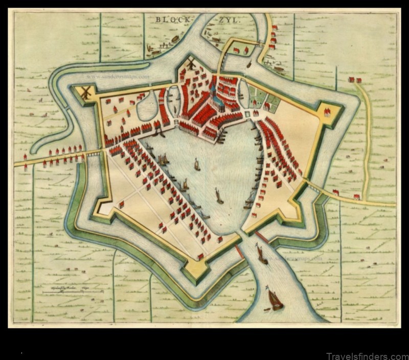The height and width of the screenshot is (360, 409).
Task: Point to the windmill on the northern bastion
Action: pos(191,64)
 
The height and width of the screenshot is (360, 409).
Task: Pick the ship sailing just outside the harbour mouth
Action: pos(261,254)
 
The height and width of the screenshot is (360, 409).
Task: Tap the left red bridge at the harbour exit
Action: pos(239,251)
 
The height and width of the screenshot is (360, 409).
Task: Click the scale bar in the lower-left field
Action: pos(72,292)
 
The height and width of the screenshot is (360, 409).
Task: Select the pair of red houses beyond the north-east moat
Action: pos(354,80)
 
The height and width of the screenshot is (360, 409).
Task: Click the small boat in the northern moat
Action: pos(249,65)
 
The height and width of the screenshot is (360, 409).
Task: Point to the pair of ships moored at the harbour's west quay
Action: pos(163,160)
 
